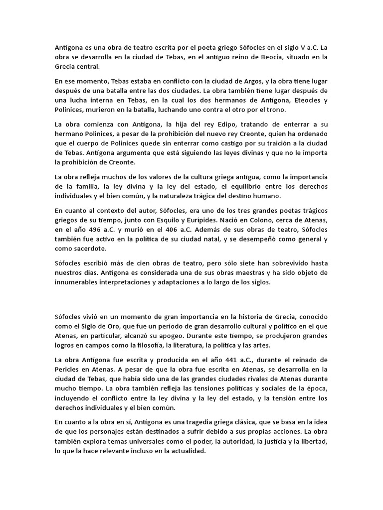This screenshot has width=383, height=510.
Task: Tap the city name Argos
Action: (251, 81)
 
